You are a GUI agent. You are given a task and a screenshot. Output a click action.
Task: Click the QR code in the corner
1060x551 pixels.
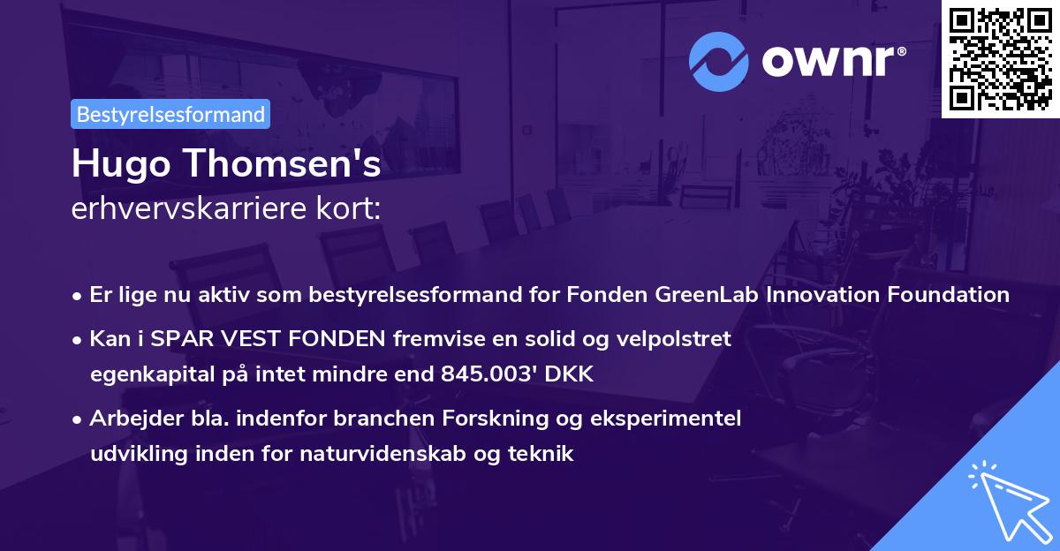pyautogui.click(x=1001, y=58)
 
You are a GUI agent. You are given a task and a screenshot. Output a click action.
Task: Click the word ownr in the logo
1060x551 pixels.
pyautogui.click(x=831, y=60)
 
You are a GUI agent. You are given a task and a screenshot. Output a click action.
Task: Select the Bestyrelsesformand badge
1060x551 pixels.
pyautogui.click(x=170, y=114)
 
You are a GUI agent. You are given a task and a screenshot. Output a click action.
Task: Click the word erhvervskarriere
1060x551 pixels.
pyautogui.click(x=180, y=209)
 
